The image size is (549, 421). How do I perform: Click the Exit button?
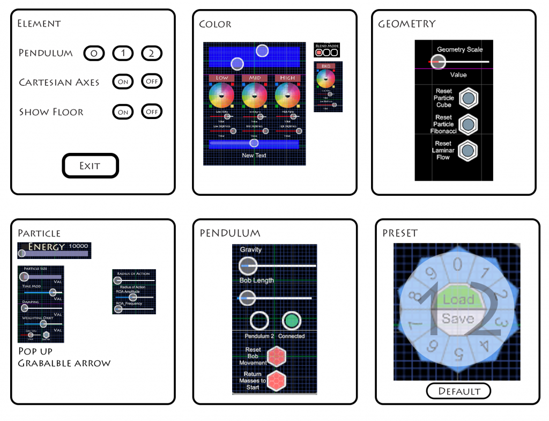pos(90,166)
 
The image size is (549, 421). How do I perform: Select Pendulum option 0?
pos(93,53)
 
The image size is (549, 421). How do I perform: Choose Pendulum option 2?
pos(152,53)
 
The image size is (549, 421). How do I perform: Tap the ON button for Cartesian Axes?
pos(123,82)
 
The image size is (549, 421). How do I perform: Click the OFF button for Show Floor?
pos(152,112)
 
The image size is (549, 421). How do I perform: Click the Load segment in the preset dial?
pos(458,299)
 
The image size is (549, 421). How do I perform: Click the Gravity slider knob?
pos(248,265)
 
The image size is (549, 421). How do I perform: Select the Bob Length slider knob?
pos(247,297)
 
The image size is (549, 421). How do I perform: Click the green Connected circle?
pos(291,321)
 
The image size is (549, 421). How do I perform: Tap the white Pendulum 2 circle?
pos(259,321)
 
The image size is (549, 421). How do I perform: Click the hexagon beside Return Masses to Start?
pos(276,380)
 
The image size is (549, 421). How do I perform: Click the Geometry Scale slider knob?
pos(437,62)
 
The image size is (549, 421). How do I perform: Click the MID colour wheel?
pos(255,96)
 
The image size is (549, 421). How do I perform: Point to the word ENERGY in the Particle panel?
pos(47,247)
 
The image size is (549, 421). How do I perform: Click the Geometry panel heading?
pos(407,24)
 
